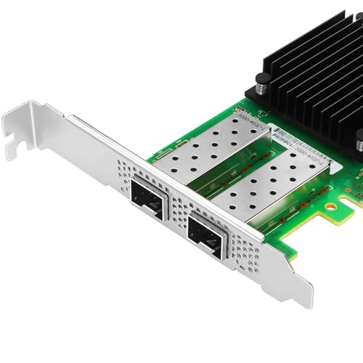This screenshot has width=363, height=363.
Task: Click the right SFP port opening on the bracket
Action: [205, 234]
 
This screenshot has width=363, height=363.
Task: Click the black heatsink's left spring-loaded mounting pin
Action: [258, 88]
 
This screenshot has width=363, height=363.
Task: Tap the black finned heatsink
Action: [312, 65]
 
